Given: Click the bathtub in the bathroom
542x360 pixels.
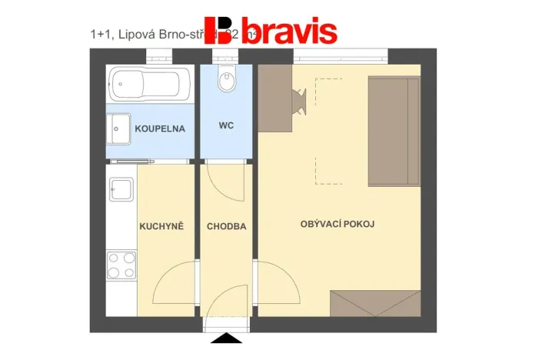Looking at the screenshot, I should (150, 83).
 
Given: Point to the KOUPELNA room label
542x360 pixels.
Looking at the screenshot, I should (160, 128).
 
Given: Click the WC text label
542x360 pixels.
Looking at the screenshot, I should (226, 125).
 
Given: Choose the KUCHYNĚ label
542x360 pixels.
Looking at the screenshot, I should (161, 226).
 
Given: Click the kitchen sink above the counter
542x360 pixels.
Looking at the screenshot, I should (121, 188).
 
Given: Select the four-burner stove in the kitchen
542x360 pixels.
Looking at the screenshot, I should (121, 265).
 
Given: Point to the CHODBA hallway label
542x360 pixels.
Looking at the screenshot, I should (227, 226).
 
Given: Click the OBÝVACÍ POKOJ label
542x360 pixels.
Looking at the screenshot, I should (337, 224).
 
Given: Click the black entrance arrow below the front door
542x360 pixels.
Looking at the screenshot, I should (227, 338).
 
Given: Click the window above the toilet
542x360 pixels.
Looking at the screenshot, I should (227, 56).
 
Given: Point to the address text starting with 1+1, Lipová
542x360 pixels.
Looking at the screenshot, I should (146, 35).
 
